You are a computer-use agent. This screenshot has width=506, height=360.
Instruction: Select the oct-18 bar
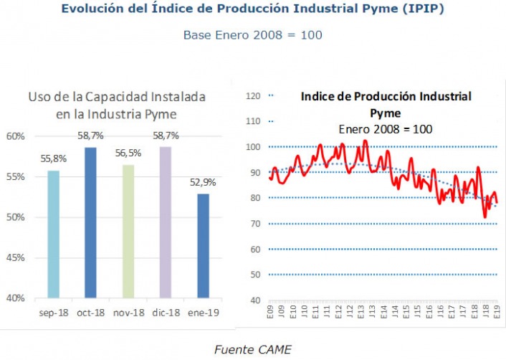point(90,222)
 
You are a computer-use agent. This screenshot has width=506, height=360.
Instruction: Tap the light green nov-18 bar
point(128,231)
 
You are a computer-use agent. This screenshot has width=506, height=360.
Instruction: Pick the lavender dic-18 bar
point(166,222)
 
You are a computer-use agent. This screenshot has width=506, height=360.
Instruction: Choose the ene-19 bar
point(203,245)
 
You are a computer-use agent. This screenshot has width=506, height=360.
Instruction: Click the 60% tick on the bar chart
point(16,136)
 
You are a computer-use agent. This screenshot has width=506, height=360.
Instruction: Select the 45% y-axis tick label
point(16,257)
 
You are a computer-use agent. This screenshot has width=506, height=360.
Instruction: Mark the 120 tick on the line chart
point(253,96)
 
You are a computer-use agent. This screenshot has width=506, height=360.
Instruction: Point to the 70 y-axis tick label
point(254,224)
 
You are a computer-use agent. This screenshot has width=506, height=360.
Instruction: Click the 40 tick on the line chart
point(254,300)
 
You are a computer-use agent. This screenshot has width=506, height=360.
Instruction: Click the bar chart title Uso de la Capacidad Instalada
point(117,97)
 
